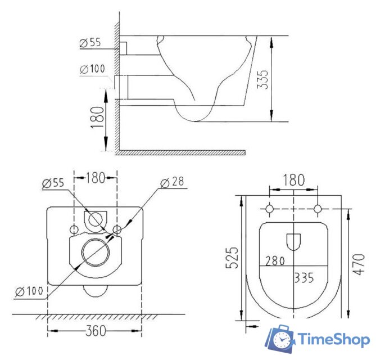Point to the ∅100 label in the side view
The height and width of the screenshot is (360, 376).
point(92,69)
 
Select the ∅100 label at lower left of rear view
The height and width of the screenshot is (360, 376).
point(27,292)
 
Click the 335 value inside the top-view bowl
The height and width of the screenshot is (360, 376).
point(303,278)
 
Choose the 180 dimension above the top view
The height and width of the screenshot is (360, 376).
point(293,180)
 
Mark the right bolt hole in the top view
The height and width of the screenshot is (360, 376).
point(318,209)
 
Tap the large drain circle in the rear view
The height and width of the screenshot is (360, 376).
point(94,251)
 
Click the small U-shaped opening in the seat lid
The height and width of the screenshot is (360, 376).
point(293,241)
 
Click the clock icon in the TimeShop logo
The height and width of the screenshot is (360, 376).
point(282,340)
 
